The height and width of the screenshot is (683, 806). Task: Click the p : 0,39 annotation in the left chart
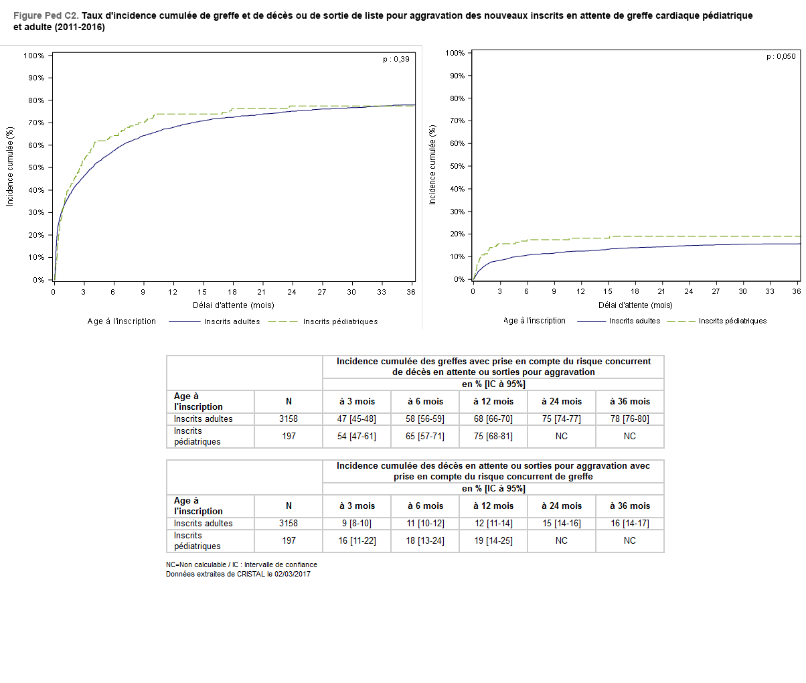396,59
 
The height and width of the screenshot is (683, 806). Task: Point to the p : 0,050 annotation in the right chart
781,57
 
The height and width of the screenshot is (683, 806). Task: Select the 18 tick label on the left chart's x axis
232,292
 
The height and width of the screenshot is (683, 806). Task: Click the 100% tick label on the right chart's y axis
455,53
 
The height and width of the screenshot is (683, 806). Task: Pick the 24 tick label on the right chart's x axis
689,291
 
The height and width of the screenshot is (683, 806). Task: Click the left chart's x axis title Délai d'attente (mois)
234,305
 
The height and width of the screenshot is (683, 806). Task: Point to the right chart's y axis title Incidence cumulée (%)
432,165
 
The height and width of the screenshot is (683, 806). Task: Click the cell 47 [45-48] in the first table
356,419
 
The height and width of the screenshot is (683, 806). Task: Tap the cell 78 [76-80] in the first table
629,419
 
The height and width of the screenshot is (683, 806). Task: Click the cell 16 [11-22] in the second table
356,541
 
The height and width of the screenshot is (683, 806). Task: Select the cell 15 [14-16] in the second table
561,524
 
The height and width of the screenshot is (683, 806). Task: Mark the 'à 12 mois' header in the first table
493,402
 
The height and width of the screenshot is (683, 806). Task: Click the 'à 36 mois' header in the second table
629,506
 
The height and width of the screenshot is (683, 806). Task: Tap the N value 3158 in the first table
289,419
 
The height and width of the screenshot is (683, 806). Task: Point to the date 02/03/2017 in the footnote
292,574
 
